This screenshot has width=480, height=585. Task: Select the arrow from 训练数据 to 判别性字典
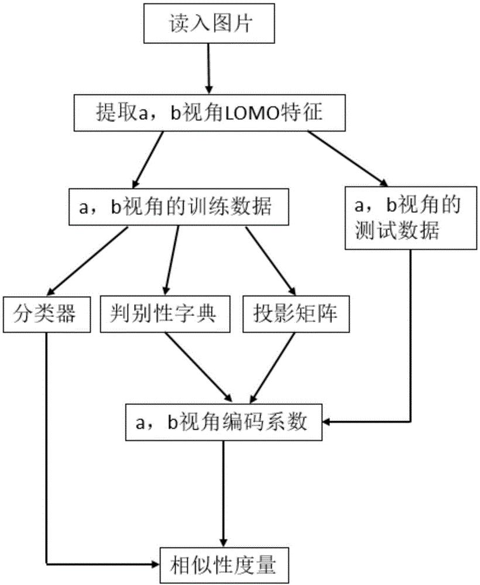(171, 261)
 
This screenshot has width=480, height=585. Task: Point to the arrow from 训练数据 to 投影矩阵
(270, 261)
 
